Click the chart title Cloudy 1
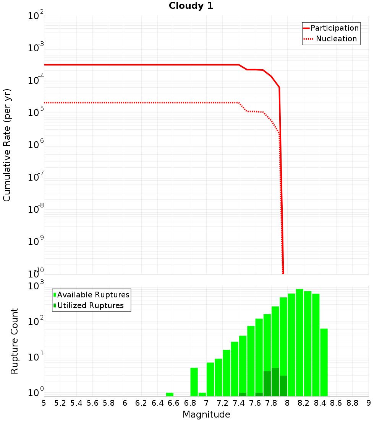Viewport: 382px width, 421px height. click(x=191, y=6)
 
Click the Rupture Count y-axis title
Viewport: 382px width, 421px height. click(x=15, y=341)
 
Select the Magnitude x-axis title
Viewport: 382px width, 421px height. click(x=206, y=414)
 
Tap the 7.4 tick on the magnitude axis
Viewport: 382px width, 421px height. click(x=239, y=403)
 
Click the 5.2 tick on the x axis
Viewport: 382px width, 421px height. click(x=60, y=403)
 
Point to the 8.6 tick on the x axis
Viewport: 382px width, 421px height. click(x=336, y=403)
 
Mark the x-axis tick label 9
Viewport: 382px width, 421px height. click(x=368, y=403)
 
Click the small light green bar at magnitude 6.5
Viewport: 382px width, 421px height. click(x=170, y=394)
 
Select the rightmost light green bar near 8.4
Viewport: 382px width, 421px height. click(x=324, y=362)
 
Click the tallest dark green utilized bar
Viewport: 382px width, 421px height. click(x=275, y=382)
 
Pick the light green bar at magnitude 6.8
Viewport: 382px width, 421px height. click(x=194, y=382)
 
